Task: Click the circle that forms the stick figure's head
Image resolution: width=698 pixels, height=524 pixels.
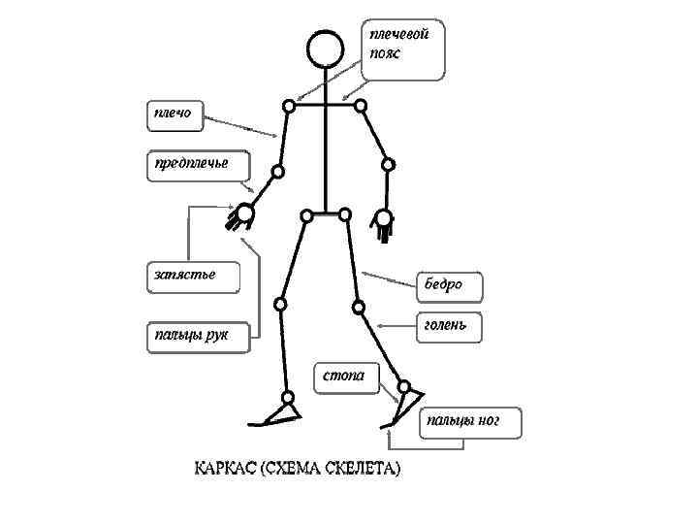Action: click(325, 49)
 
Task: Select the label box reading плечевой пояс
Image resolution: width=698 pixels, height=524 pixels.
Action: click(404, 48)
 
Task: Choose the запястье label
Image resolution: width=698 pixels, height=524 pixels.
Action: click(191, 276)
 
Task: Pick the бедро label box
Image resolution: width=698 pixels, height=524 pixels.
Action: click(448, 286)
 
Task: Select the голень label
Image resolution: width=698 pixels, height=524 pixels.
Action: click(449, 326)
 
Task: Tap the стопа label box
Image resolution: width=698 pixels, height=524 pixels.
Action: click(344, 377)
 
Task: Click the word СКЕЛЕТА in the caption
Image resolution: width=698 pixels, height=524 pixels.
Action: click(364, 469)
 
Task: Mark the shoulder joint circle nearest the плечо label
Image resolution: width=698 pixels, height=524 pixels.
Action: click(288, 106)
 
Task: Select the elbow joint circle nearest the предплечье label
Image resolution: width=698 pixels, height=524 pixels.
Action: click(277, 173)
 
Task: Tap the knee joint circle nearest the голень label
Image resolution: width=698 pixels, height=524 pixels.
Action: click(358, 309)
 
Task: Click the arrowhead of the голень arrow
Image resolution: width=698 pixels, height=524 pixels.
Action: click(379, 325)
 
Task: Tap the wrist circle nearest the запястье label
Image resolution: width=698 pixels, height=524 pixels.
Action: click(245, 212)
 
